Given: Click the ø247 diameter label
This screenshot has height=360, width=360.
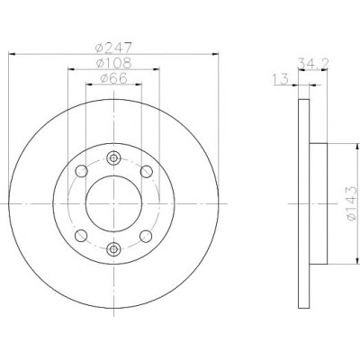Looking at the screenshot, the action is [x=113, y=48].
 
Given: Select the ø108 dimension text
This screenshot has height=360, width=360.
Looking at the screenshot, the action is [x=113, y=63].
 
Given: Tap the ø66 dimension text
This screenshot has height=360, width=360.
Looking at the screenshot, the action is [x=113, y=78].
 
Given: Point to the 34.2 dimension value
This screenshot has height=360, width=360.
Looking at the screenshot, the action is [x=313, y=63].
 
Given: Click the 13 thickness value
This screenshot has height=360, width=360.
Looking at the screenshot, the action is [x=281, y=79].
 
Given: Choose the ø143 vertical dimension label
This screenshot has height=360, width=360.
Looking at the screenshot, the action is [x=352, y=203].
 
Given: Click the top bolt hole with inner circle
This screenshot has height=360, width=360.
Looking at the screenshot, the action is [x=113, y=157].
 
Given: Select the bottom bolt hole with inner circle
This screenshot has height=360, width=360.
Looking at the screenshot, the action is [x=113, y=248].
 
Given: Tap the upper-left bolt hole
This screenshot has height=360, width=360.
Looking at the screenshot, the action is [x=81, y=171].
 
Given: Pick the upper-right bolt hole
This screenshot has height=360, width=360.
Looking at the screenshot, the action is [x=147, y=171].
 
